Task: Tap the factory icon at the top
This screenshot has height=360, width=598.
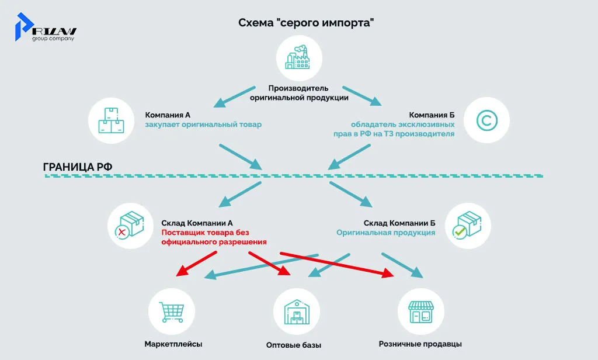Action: tap(299, 57)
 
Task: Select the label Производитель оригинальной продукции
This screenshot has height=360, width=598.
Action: tap(299, 93)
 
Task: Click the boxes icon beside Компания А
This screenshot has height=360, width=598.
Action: tap(111, 122)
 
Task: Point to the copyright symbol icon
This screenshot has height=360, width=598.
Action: tap(486, 122)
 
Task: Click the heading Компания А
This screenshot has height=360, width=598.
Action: tap(168, 115)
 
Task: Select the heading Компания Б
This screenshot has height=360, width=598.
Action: tap(431, 115)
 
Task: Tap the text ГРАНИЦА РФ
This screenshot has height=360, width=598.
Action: tap(78, 167)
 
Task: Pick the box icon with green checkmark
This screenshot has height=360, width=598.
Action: tap(468, 226)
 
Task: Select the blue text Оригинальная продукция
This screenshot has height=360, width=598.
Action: tap(385, 233)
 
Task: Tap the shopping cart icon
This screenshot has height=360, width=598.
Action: tap(171, 310)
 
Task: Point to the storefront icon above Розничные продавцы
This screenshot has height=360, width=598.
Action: tap(420, 310)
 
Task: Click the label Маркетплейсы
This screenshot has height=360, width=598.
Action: tap(173, 344)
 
